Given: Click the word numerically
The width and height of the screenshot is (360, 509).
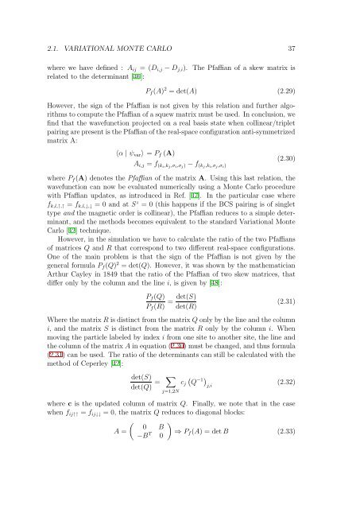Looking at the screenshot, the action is click(x=172, y=217).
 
